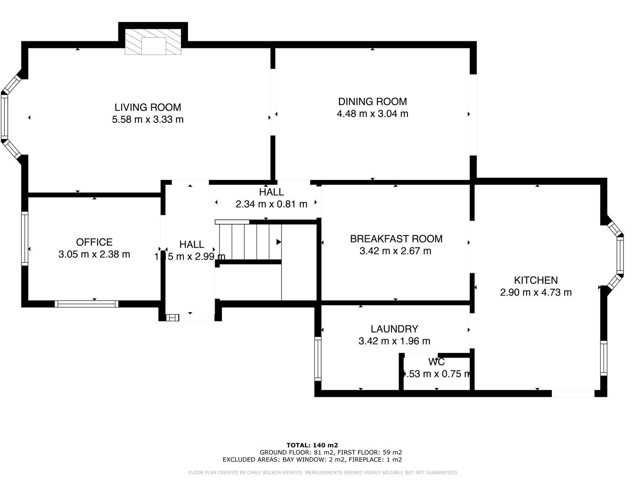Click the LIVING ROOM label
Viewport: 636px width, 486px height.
click(147, 107)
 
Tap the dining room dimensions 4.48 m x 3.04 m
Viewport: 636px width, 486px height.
click(372, 114)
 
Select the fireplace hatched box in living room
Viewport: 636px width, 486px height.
click(153, 42)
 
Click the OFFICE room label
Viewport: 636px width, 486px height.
click(94, 242)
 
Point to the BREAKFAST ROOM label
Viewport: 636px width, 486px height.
click(396, 239)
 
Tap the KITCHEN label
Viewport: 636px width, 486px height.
click(536, 280)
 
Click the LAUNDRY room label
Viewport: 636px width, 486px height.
click(394, 329)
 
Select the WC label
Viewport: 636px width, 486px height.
click(436, 362)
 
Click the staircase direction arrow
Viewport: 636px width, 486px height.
click(279, 242)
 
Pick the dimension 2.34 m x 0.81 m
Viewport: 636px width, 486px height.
click(271, 204)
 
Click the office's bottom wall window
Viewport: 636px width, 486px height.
click(87, 304)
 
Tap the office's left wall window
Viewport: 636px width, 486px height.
click(25, 239)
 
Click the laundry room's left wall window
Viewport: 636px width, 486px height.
click(318, 359)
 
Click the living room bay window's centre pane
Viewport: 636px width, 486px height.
click(4, 117)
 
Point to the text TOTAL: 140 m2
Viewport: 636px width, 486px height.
click(312, 445)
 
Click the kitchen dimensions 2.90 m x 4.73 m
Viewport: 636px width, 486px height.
click(536, 292)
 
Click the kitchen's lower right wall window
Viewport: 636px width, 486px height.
click(604, 358)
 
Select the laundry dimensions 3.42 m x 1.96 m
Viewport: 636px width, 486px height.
click(394, 341)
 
